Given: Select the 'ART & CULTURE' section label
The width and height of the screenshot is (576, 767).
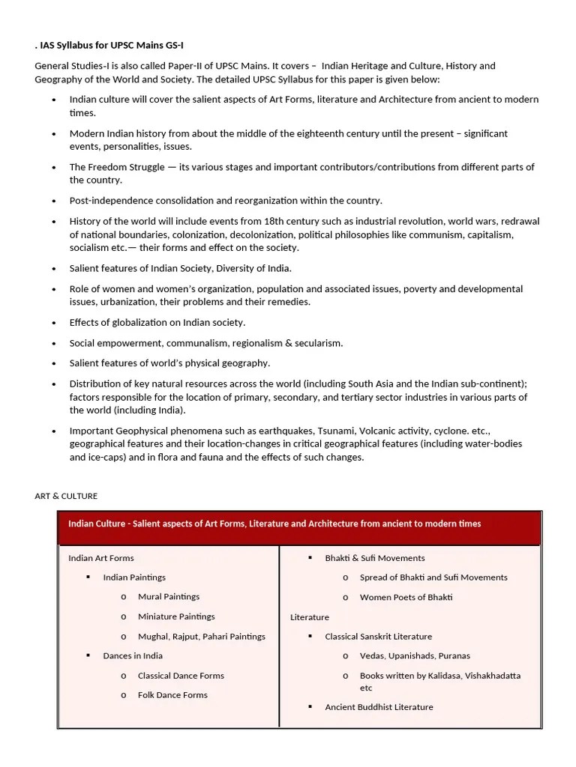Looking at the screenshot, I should [66, 496].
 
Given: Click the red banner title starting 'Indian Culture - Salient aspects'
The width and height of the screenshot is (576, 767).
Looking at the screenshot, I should [274, 524].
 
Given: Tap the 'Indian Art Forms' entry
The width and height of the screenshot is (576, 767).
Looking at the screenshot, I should [101, 558].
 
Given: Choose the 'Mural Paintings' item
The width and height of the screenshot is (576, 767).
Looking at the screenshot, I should [169, 597].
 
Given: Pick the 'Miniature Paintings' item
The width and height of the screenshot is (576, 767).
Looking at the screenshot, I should [176, 616].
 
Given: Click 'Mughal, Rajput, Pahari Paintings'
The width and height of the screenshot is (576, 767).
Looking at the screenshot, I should [202, 637].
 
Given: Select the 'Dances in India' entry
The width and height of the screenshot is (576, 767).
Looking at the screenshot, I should [133, 655].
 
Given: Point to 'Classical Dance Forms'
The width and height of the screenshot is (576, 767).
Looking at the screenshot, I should [181, 676].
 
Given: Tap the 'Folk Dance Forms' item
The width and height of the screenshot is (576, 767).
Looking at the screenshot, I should [172, 695].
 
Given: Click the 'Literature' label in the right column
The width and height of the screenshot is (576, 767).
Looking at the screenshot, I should [310, 617].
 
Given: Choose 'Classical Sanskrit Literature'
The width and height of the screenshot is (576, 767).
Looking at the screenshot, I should [378, 637].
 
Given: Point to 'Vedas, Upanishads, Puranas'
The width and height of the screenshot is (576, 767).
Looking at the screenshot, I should [415, 655].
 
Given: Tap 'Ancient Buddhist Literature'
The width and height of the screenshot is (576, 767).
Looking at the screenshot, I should [379, 707].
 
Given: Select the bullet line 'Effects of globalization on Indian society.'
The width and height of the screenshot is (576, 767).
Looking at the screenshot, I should [157, 322].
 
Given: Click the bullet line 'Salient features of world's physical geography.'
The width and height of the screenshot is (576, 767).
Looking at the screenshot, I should [169, 363].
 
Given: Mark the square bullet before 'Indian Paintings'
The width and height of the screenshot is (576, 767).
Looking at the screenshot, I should [88, 577].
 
